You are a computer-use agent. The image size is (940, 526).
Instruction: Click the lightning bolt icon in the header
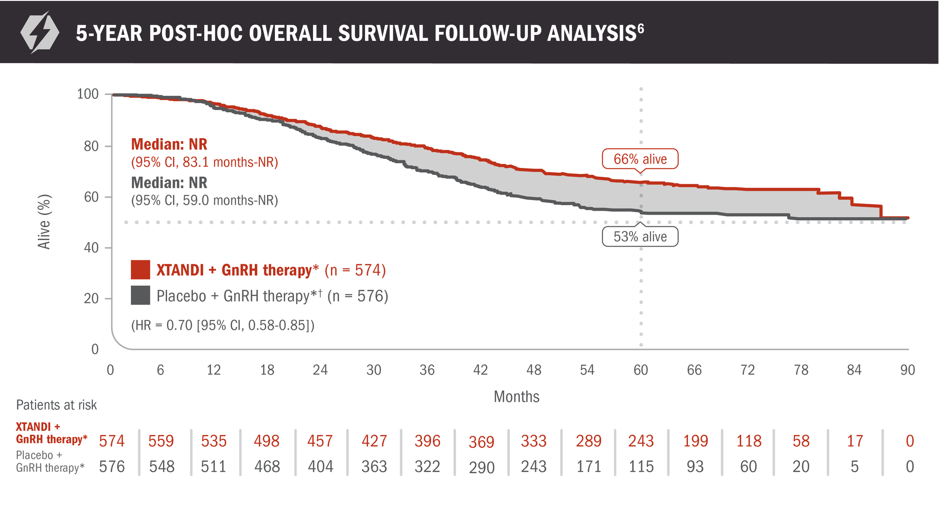(39, 33)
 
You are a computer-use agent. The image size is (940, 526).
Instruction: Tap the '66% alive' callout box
(640, 159)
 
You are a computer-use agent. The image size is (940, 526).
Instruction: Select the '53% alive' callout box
(640, 237)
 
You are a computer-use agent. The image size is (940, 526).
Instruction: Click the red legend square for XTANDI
(140, 270)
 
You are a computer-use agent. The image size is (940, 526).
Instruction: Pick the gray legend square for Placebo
(140, 296)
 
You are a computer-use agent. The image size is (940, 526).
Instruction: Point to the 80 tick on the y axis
(91, 146)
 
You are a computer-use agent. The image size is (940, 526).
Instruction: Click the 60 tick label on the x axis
(641, 370)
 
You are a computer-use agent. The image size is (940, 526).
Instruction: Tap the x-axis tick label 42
(481, 370)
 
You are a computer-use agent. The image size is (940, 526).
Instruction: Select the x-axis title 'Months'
(516, 397)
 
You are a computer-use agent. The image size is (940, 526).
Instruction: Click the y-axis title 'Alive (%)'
(44, 222)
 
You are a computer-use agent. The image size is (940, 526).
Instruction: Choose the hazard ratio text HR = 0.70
(223, 325)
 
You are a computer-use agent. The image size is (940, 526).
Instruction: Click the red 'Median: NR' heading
(169, 145)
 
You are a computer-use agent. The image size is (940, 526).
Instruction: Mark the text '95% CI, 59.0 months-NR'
(205, 201)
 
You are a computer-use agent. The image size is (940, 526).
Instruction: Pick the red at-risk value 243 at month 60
(641, 441)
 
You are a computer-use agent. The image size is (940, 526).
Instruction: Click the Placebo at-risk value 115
(641, 467)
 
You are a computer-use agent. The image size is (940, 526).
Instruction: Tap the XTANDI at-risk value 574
(112, 441)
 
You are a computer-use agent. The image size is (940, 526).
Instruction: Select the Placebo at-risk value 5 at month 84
(854, 467)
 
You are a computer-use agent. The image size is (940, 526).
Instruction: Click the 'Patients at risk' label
(56, 405)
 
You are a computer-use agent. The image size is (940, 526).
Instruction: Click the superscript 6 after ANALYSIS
(641, 28)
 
